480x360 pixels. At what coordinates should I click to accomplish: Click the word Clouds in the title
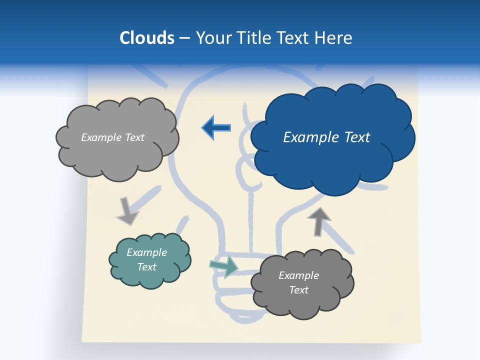coord(147,38)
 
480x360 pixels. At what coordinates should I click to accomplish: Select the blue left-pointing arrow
coord(216,127)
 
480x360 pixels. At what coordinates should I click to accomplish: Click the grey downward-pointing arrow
coord(127,211)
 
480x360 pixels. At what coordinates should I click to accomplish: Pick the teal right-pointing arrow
coord(224,266)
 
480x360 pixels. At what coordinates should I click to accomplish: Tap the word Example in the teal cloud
coord(147,252)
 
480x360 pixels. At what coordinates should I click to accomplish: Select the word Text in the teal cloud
coord(147,267)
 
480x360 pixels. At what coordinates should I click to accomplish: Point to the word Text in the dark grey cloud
coord(298,290)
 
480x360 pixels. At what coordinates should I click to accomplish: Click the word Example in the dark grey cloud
coord(298,275)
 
